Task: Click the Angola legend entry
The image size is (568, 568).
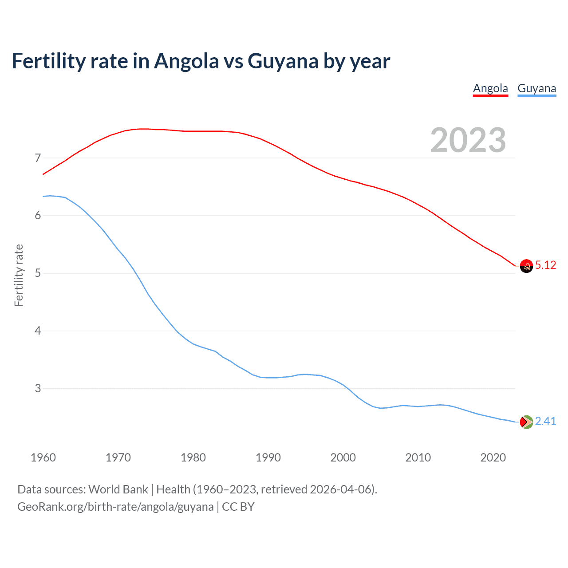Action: [x=490, y=88]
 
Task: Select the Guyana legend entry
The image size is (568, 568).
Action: [x=536, y=88]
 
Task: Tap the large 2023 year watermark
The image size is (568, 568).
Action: [x=468, y=140]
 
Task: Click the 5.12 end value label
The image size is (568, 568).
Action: [x=545, y=265]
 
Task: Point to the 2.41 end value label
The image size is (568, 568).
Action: [x=545, y=421]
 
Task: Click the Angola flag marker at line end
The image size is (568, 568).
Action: [x=526, y=266]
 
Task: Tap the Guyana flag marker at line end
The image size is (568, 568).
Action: [x=526, y=422]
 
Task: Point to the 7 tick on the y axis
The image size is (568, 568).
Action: [x=38, y=158]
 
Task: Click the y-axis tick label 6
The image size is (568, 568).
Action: [x=38, y=216]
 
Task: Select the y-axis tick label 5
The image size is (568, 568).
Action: [x=38, y=273]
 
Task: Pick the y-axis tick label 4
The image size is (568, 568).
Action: [x=38, y=331]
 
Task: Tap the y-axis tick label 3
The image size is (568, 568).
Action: [x=38, y=388]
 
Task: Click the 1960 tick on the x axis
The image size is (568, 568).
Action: [x=43, y=458]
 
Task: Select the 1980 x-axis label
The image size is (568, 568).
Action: [x=193, y=458]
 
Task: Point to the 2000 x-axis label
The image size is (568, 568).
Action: [x=343, y=458]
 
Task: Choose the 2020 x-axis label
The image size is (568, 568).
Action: [x=493, y=458]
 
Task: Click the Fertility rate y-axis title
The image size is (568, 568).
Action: [x=19, y=275]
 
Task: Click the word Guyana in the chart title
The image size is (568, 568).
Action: [x=283, y=61]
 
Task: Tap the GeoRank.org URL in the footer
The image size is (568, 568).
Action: [x=115, y=507]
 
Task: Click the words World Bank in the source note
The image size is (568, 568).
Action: [x=118, y=489]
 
